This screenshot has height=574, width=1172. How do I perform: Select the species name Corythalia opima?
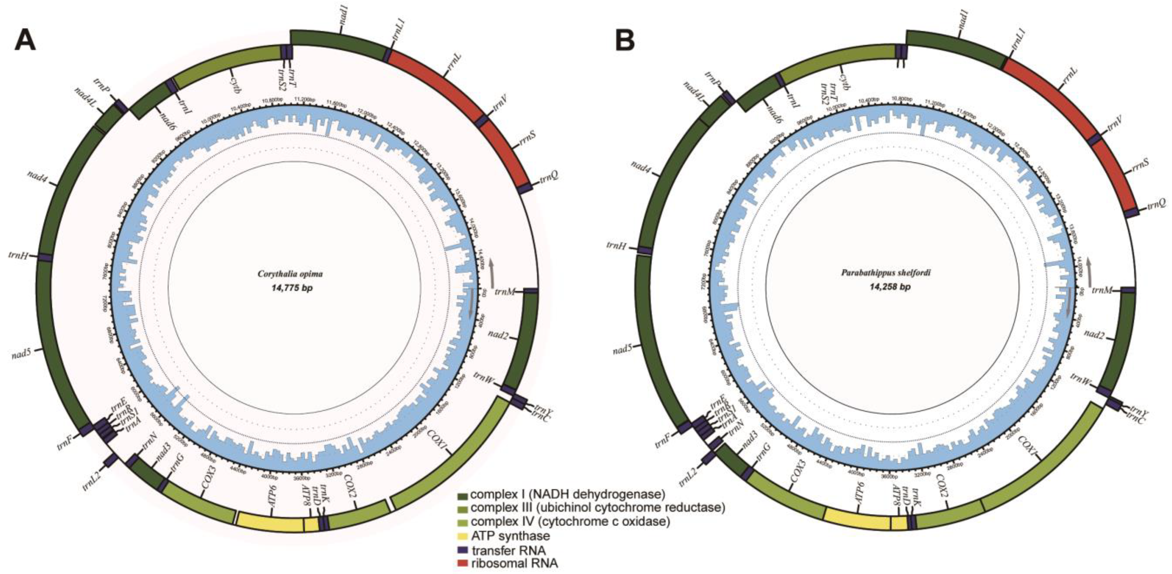290,274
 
